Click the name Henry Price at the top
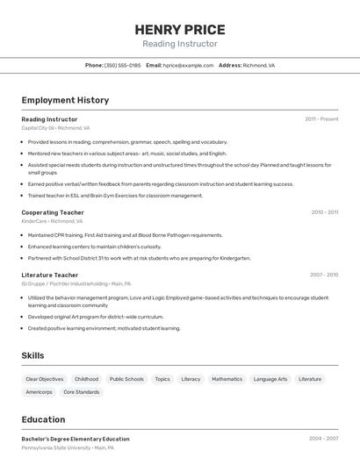coord(180,29)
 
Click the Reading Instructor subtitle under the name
coord(180,44)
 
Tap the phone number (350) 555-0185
coord(122,65)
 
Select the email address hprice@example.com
coord(188,65)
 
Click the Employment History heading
coord(65,100)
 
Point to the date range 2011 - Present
coord(321,118)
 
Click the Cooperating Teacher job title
coord(53,212)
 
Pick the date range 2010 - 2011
coord(324,212)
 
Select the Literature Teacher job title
coord(50,275)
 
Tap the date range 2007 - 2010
coord(324,275)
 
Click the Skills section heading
coord(32,355)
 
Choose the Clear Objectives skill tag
coord(45,379)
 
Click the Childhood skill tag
coord(86,379)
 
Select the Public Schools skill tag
coord(126,379)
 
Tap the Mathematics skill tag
coord(227,379)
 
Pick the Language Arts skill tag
coord(270,379)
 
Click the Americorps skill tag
coord(39,392)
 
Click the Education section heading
coord(43,419)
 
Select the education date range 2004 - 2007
coord(323,438)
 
